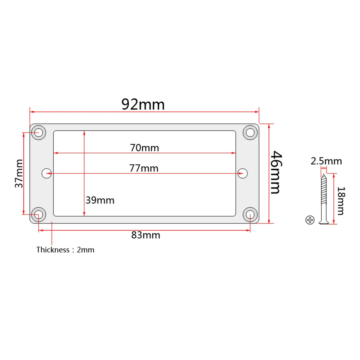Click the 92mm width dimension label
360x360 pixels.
click(x=143, y=104)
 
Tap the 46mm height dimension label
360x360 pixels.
click(x=276, y=172)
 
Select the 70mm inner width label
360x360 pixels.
click(x=144, y=147)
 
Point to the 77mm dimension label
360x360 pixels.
click(x=144, y=168)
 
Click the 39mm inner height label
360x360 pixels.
click(x=100, y=200)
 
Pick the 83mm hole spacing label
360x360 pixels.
click(x=146, y=235)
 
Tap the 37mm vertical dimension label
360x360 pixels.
click(x=19, y=173)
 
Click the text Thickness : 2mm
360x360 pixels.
click(x=65, y=250)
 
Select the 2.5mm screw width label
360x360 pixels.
click(x=326, y=161)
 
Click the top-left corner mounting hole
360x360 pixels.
click(x=38, y=133)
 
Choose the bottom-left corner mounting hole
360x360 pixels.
click(x=38, y=214)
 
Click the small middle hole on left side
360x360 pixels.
click(x=46, y=174)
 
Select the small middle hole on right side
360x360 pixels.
click(x=242, y=174)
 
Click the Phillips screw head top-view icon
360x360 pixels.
click(x=309, y=220)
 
